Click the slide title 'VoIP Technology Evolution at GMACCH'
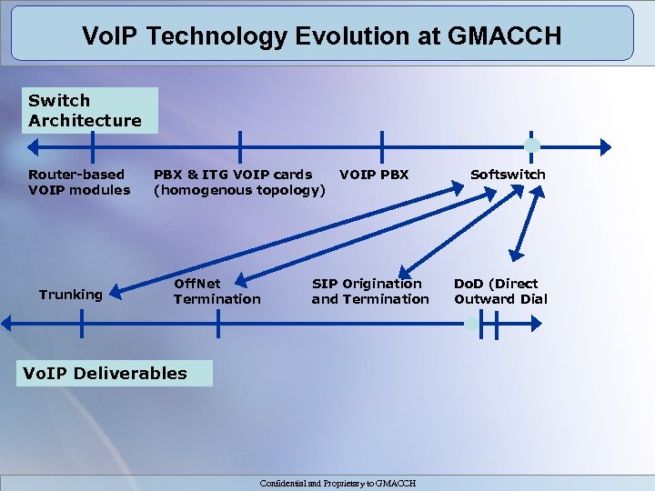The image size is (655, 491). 321,35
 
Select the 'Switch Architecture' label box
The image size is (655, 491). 86,110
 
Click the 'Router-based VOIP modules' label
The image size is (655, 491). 79,182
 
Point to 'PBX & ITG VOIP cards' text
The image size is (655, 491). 233,174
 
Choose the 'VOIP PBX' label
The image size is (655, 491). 374,174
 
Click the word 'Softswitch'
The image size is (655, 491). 508,174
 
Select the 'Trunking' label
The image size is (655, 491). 71,294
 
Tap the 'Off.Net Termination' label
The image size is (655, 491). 217,291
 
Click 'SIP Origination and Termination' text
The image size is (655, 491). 370,291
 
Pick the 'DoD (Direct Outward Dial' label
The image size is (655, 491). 500,291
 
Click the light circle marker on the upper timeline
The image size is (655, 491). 532,145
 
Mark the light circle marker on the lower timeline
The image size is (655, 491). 472,323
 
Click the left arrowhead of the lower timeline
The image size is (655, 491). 7,323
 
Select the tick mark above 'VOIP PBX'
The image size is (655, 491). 382,145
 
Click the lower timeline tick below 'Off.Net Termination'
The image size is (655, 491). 219,323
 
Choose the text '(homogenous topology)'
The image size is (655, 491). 239,190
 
